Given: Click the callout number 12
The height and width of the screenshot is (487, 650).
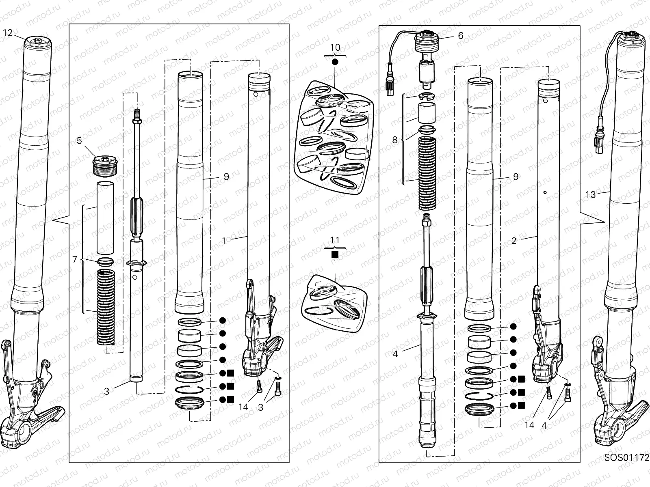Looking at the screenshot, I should tap(8, 33).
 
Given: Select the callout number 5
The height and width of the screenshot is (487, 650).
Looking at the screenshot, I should tap(79, 141).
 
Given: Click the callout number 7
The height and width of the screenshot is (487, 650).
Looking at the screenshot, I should tap(75, 259).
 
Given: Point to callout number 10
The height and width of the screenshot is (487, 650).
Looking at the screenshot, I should tap(335, 47).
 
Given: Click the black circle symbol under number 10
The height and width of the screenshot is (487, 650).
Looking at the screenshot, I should tap(335, 62).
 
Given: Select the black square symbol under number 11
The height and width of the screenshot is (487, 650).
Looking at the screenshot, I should tap(335, 254).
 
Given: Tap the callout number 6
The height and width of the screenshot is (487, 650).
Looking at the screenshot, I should tap(460, 36).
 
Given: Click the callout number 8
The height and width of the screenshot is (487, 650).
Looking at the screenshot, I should tap(394, 140).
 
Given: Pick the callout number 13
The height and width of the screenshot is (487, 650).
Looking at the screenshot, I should tap(590, 195).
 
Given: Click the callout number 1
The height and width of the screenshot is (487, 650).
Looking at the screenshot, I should tap(224, 241).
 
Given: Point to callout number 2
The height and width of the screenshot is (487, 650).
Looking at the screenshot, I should tap(514, 241).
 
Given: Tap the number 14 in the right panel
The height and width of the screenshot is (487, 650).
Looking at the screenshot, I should tap(529, 425).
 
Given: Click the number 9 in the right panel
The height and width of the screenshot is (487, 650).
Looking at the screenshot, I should tap(516, 177).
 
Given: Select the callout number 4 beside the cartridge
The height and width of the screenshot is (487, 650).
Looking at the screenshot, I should tap(395, 354).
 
